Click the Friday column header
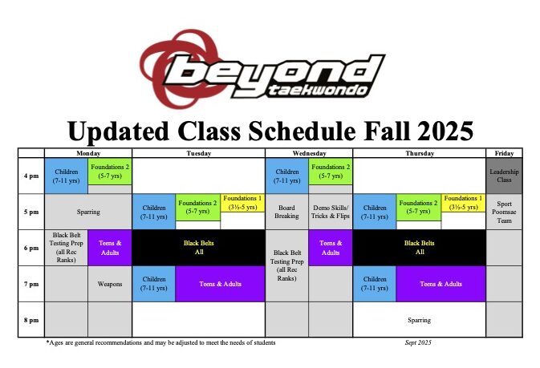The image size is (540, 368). [504, 153]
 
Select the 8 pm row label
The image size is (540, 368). [31, 320]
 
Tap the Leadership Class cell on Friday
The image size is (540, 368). [504, 176]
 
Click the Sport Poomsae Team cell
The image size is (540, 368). [504, 212]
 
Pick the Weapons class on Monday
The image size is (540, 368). [109, 284]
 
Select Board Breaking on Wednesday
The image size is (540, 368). [286, 212]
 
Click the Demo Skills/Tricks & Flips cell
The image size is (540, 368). [331, 212]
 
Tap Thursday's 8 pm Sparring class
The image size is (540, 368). [419, 320]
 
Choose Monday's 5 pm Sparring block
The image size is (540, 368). [88, 212]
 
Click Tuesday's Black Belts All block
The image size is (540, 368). [199, 248]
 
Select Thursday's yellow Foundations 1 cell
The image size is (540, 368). [463, 203]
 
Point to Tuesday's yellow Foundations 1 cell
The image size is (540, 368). [242, 203]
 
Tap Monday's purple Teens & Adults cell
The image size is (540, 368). [109, 248]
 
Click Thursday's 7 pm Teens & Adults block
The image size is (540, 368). [441, 284]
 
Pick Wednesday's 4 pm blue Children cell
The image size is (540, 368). [287, 176]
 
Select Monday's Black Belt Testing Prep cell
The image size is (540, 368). [66, 248]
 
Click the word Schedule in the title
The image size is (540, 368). [302, 131]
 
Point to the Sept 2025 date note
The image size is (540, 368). [418, 342]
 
